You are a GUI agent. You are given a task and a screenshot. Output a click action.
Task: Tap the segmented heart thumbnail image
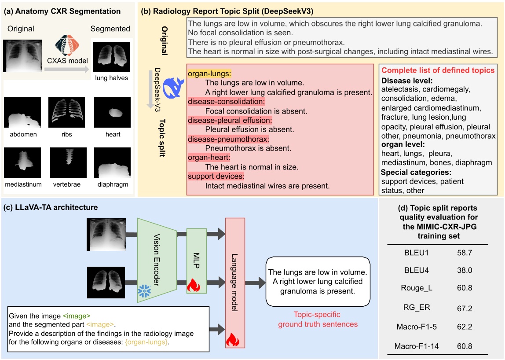tap(112, 113)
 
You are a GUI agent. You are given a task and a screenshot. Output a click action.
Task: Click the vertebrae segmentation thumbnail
tap(67, 162)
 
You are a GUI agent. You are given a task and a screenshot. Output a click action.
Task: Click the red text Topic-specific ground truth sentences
tap(318, 320)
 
